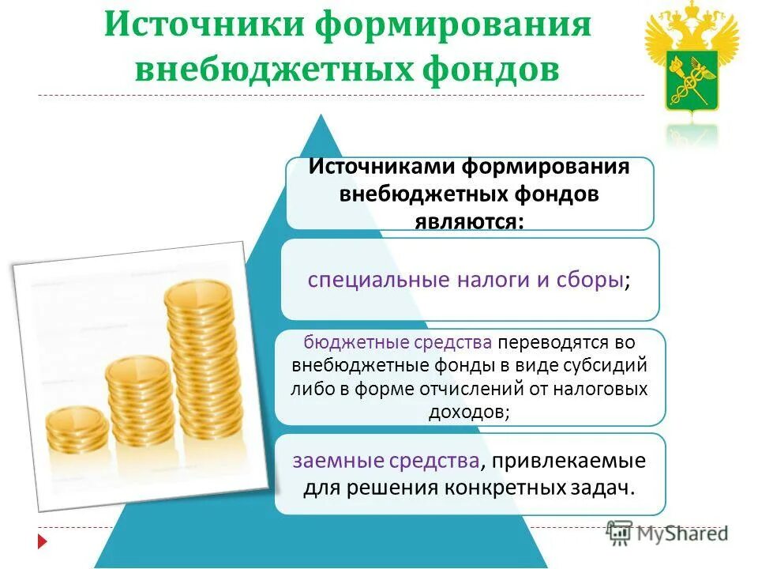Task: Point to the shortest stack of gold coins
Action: [77, 431]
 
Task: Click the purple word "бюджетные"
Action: [343, 342]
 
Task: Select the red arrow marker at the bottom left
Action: [43, 543]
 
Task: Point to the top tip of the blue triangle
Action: [321, 116]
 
